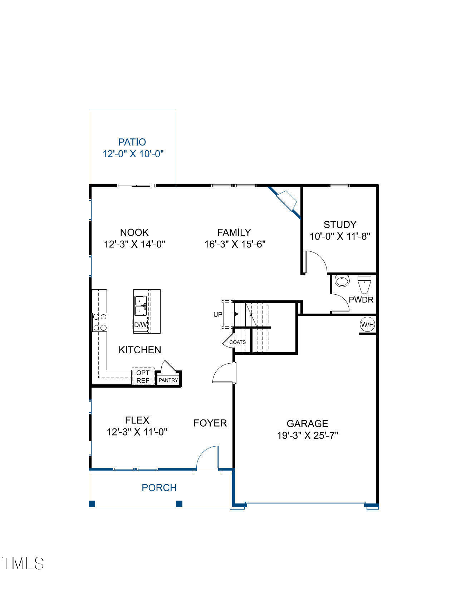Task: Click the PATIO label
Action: point(132,142)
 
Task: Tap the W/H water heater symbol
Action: point(367,324)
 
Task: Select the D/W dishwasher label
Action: point(141,324)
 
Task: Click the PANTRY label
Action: point(168,380)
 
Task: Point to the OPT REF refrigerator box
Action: point(143,377)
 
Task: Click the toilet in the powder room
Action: point(364,285)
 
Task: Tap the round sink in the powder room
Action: point(342,281)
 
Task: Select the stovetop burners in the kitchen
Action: point(99,322)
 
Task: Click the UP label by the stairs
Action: point(218,314)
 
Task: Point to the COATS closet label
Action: point(237,342)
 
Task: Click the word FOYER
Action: point(210,423)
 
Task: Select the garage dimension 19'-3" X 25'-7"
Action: point(308,436)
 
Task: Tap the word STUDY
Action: point(340,225)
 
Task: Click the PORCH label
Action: point(159,488)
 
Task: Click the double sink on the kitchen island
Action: point(140,306)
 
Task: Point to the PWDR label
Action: point(361,300)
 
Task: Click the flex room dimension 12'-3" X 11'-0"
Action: point(137,432)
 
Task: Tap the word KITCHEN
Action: point(140,350)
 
